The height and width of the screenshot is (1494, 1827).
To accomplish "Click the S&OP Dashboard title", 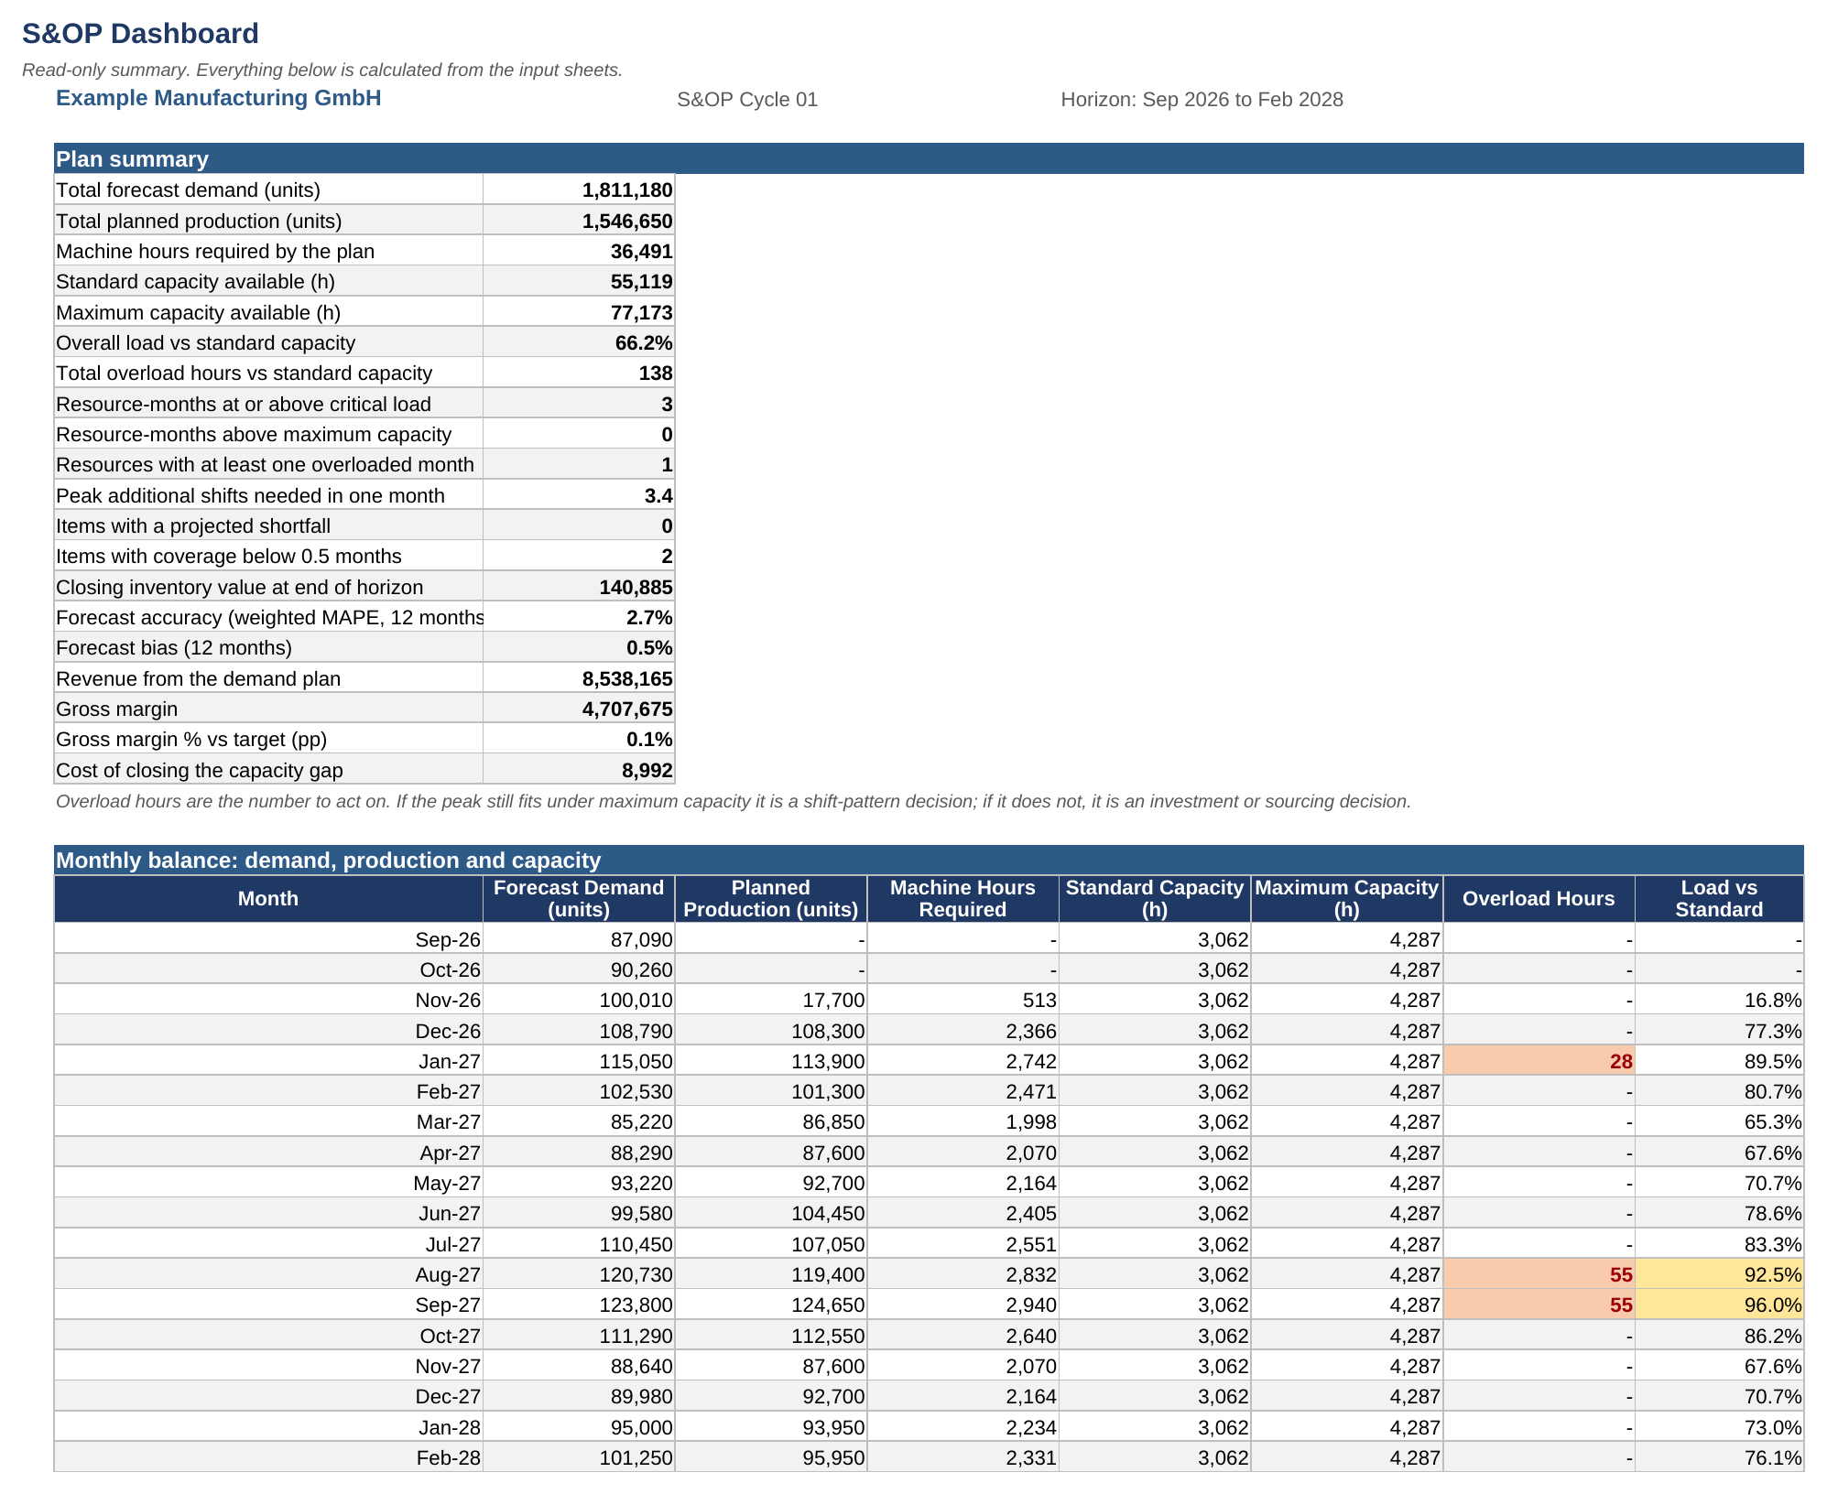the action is coord(140,34).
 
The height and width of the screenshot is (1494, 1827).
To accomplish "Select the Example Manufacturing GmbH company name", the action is coord(219,98).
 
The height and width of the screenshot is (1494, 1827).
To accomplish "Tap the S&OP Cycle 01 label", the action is coord(747,100).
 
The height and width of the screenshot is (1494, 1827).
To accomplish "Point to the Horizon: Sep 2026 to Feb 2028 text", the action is coord(1202,100).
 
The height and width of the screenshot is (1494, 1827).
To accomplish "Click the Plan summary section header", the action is coord(132,159).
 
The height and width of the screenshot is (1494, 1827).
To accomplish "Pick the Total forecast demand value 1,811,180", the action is coord(627,190).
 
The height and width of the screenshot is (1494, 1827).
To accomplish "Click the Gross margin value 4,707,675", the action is coord(627,709).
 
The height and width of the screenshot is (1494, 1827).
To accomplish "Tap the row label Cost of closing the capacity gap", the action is coord(200,771).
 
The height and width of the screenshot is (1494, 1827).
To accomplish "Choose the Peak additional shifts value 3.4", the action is coord(658,496).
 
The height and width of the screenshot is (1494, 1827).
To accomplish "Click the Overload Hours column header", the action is coord(1539,899).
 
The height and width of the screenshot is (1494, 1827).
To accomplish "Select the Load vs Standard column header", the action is coord(1719,899).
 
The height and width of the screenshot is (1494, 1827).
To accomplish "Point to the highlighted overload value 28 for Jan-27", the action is coord(1621,1062).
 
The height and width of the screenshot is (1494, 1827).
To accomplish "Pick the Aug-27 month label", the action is coord(448,1275).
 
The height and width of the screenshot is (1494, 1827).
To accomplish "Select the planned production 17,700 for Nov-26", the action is coord(833,1001).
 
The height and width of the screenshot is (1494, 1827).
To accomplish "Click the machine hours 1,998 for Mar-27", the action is coord(1031,1122).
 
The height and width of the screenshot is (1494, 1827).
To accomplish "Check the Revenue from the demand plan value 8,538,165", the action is coord(627,679).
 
